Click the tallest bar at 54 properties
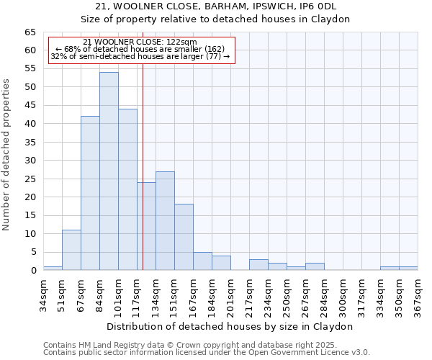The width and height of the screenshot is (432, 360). pyautogui.click(x=109, y=171)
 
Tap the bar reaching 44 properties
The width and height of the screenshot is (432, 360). pyautogui.click(x=127, y=189)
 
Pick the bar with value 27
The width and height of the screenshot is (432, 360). pyautogui.click(x=165, y=220)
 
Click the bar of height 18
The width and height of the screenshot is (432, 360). pyautogui.click(x=184, y=237)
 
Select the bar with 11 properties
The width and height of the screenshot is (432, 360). pyautogui.click(x=71, y=250)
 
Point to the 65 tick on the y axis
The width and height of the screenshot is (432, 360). pyautogui.click(x=30, y=32)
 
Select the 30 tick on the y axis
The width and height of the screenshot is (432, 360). pyautogui.click(x=30, y=161)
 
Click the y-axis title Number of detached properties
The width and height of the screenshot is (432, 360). pyautogui.click(x=7, y=155)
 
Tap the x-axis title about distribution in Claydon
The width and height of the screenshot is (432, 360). pyautogui.click(x=230, y=326)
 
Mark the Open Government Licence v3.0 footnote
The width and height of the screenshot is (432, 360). pyautogui.click(x=206, y=352)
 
